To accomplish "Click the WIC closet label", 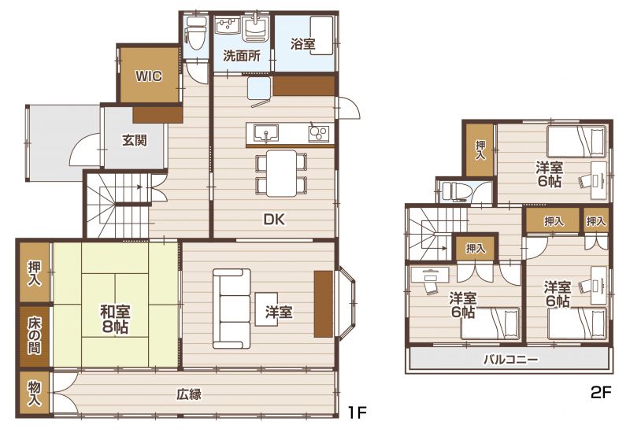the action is click(x=149, y=76).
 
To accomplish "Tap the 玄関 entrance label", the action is click(x=135, y=141).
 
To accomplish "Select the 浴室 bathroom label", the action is click(x=303, y=44).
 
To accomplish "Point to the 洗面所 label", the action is click(x=242, y=56).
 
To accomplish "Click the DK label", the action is click(x=274, y=219).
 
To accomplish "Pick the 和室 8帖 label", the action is click(x=115, y=320).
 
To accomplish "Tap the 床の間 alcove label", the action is click(x=34, y=336).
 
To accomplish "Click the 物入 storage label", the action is click(x=34, y=393).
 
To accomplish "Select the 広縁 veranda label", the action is click(x=189, y=394).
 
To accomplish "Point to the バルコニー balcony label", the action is click(x=510, y=359).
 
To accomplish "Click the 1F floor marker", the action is click(x=358, y=412).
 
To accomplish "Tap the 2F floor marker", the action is click(x=601, y=392).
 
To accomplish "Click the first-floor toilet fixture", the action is click(x=196, y=34).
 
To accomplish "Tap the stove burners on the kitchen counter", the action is click(x=319, y=133).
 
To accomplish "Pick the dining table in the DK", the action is click(x=282, y=173).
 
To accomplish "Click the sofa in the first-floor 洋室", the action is click(x=232, y=309).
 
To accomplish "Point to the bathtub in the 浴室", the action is click(x=322, y=35).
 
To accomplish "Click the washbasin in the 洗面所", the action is click(x=258, y=28).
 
